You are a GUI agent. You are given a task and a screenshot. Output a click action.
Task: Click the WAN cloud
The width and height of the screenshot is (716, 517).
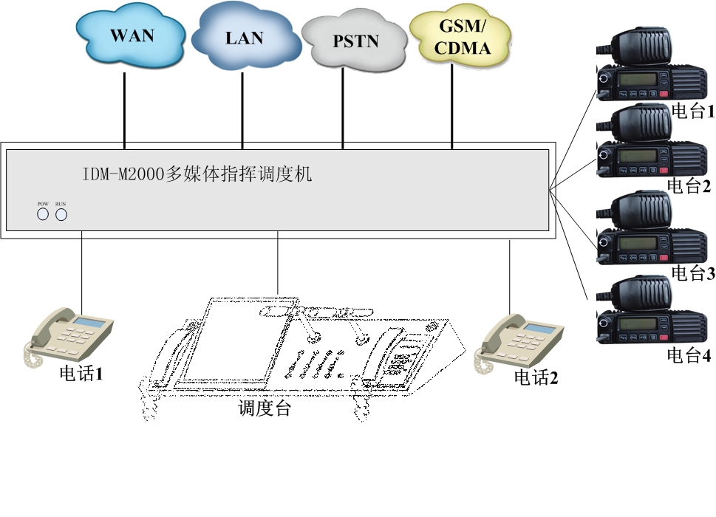click(132, 35)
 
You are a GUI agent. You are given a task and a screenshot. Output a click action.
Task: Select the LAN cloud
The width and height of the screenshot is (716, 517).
click(245, 37)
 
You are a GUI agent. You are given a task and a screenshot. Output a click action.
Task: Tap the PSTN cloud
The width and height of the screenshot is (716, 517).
click(355, 42)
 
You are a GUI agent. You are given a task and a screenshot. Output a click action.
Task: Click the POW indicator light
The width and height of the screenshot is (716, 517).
click(43, 214)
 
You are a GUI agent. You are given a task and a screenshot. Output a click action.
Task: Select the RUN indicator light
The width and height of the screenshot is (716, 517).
click(61, 214)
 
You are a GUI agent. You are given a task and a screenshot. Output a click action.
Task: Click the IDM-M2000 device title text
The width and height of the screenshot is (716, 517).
click(197, 175)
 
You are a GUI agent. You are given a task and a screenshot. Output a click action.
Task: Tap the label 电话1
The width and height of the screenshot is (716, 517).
click(81, 374)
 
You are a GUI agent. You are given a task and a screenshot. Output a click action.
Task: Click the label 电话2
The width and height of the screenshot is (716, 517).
click(536, 378)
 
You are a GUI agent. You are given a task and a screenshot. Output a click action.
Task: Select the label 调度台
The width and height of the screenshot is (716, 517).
click(265, 408)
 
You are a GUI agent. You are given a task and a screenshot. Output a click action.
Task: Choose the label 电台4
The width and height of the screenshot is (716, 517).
click(689, 355)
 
